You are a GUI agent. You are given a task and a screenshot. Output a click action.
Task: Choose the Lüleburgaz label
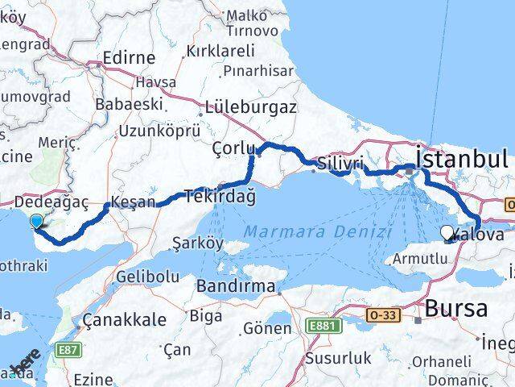251,106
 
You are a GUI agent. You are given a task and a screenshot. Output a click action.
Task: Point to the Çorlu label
233,149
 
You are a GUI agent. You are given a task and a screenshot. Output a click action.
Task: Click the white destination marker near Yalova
447,232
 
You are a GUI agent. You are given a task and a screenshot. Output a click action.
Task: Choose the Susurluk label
333,356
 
